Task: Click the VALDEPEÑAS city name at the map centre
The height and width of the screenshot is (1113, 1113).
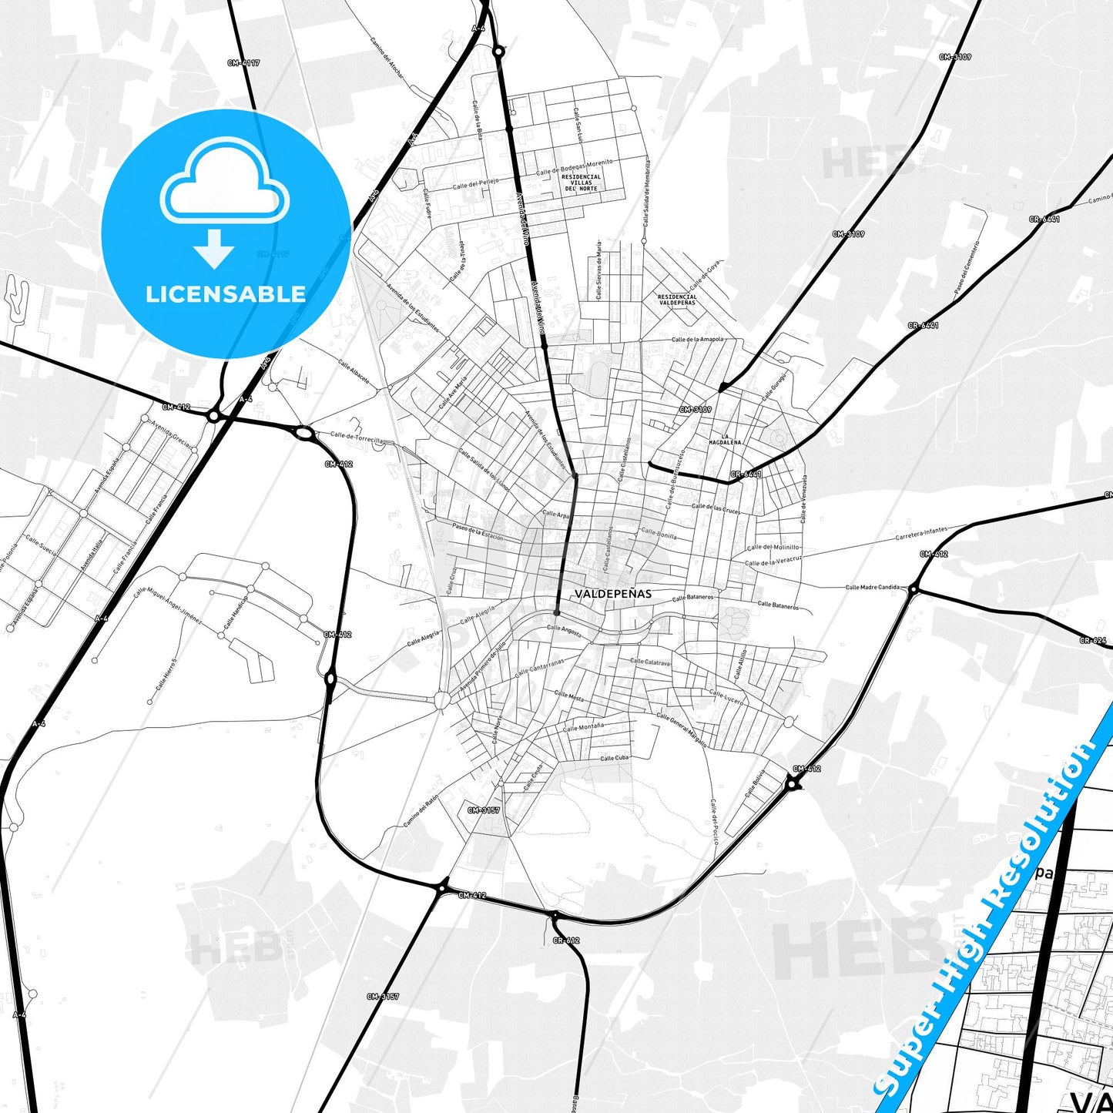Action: (612, 594)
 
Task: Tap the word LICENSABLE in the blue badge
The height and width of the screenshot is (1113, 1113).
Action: (226, 294)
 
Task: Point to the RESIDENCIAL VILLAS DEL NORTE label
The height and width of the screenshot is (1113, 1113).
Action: (581, 183)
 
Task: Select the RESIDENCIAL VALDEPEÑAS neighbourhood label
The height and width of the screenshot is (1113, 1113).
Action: (677, 300)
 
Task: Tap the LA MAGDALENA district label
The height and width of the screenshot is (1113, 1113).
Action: (725, 440)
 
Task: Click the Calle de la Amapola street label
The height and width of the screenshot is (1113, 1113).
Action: (697, 339)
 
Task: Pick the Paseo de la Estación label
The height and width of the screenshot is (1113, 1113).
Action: (477, 532)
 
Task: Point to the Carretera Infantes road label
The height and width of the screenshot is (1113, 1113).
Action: (921, 532)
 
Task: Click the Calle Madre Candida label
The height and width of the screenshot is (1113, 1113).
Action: (872, 587)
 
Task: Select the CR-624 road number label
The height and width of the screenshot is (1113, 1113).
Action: (1092, 640)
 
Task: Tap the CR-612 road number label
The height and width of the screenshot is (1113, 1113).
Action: (565, 940)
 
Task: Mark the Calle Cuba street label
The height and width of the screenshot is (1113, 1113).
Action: (615, 758)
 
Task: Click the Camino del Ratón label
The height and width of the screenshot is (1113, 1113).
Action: (421, 811)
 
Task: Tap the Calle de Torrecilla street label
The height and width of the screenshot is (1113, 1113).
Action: (357, 437)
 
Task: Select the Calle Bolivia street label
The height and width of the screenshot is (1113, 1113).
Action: (755, 783)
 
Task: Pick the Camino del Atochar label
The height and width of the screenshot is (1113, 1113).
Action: (387, 58)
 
